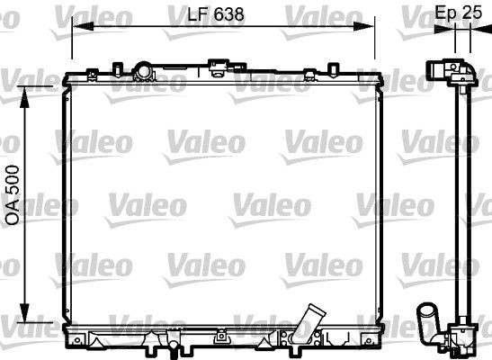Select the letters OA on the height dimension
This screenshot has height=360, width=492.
[13, 212]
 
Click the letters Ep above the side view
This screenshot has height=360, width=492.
[443, 13]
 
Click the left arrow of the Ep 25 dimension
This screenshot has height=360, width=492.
[443, 28]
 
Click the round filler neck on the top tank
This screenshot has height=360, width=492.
[140, 70]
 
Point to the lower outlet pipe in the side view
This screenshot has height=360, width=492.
[427, 319]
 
